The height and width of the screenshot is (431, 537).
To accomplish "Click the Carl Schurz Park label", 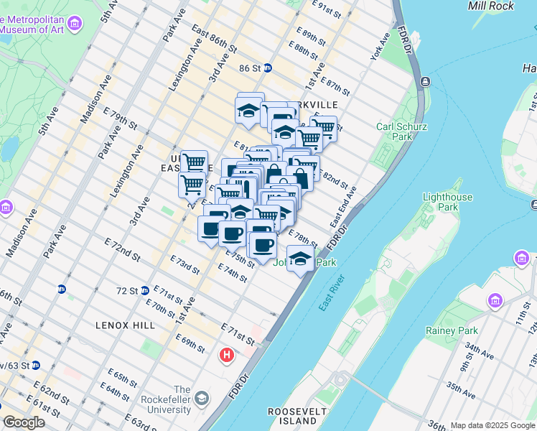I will tap(395, 131).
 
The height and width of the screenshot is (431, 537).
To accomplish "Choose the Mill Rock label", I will tap(490, 6).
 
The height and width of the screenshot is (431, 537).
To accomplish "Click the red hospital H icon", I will tap(228, 355).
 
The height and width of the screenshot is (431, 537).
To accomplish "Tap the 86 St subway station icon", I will tap(267, 68).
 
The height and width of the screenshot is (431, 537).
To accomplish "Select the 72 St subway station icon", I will tap(62, 289).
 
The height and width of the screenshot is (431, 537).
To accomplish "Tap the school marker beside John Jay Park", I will tap(300, 259).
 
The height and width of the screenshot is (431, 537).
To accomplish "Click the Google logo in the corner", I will tap(23, 422).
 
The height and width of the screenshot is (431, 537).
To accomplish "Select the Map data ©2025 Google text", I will tap(492, 425).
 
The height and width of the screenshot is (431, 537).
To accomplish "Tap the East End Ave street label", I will tap(342, 208).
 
